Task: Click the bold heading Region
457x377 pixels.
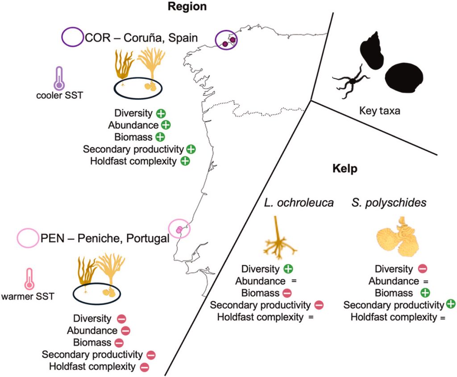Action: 187,7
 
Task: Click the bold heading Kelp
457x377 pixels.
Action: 343,170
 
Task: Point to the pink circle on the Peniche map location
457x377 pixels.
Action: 180,229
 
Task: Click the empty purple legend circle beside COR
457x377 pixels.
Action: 72,37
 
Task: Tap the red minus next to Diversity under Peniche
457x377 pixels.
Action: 121,319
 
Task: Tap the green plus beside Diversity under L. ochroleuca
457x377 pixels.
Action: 288,269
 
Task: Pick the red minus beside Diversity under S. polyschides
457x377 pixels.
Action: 422,269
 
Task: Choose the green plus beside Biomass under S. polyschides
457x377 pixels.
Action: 425,293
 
